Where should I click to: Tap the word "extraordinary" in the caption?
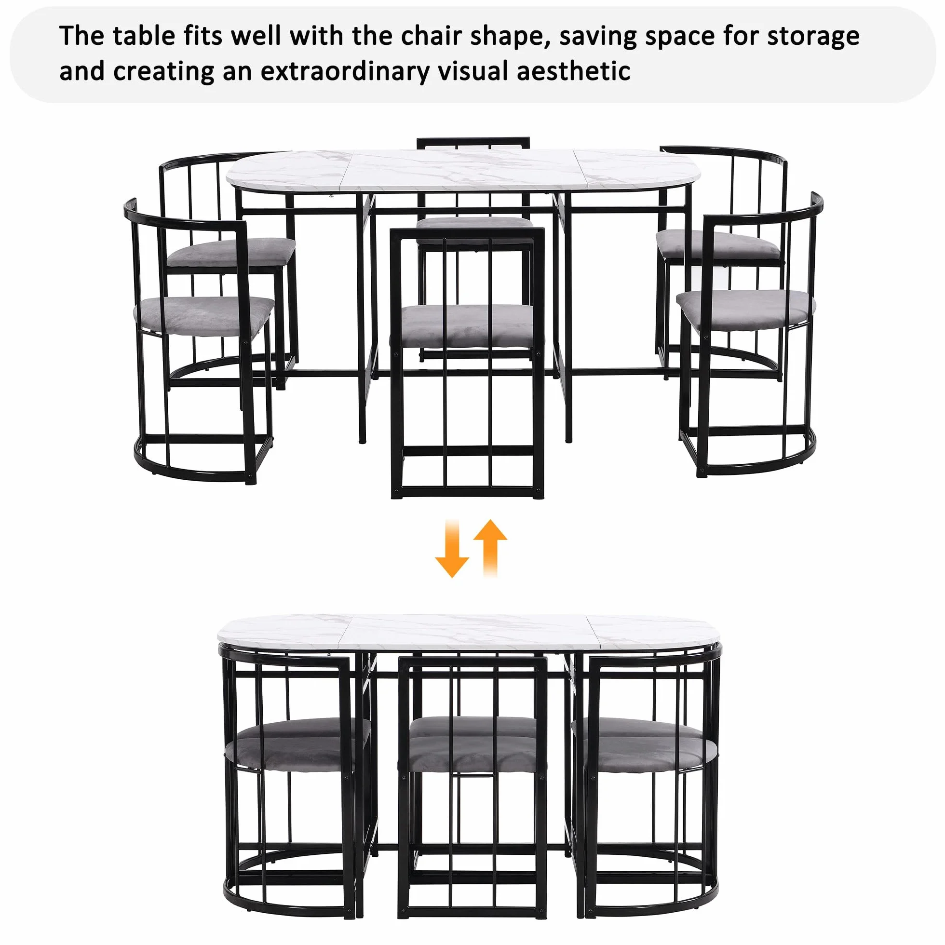(345, 71)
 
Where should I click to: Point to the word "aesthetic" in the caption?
(574, 70)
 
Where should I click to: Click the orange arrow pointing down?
(451, 548)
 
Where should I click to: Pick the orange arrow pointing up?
(491, 548)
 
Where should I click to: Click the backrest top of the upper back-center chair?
(473, 142)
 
